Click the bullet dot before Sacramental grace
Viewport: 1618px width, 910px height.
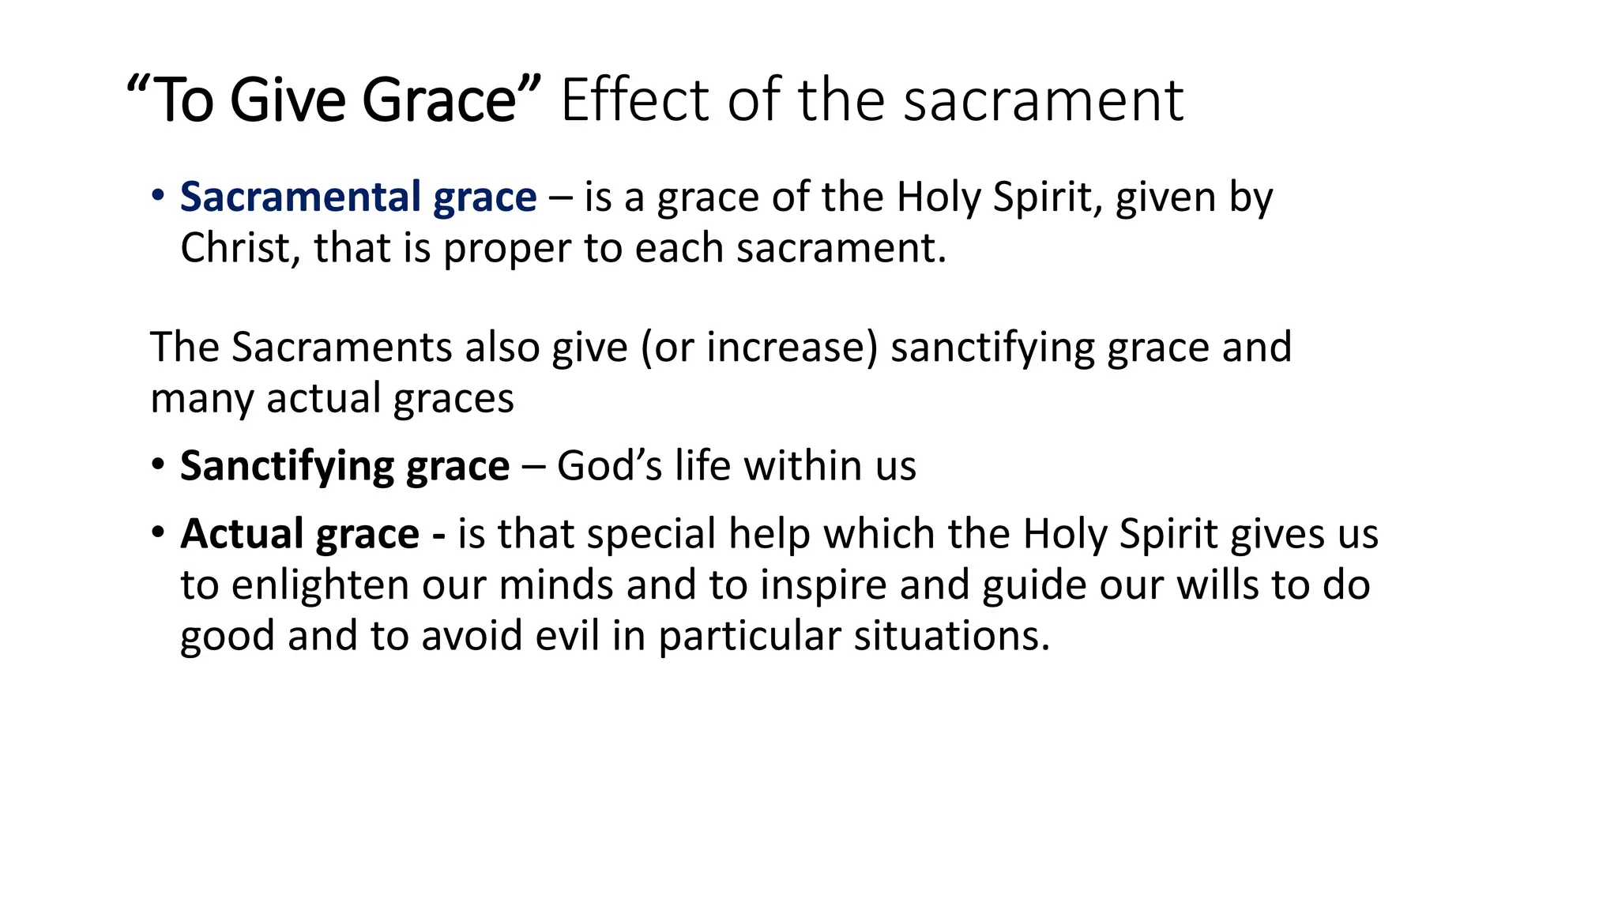(x=158, y=195)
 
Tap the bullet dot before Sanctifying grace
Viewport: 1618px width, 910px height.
(x=158, y=464)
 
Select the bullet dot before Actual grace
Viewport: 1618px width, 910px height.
(x=158, y=532)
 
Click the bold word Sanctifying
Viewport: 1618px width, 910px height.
(x=286, y=466)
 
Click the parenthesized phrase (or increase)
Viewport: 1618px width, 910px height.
(x=759, y=348)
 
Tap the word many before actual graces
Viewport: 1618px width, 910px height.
(x=202, y=399)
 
